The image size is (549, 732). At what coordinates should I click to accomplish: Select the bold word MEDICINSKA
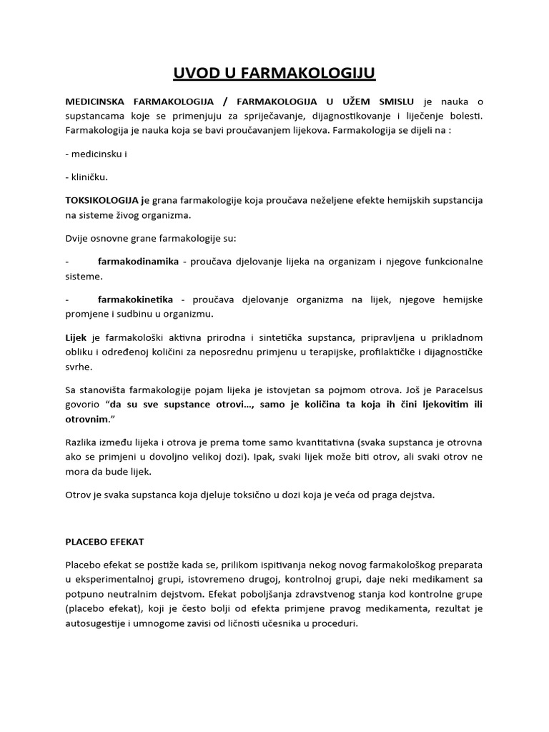point(97,103)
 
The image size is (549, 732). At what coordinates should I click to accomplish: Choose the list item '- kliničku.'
point(86,177)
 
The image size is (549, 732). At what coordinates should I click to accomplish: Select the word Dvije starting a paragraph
point(79,237)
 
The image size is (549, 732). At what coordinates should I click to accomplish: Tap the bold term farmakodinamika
point(138,262)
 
